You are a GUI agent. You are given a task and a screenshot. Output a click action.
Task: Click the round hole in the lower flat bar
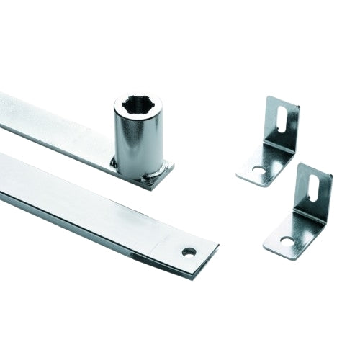pyautogui.click(x=189, y=251)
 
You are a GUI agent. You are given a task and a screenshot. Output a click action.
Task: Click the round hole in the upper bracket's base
pyautogui.click(x=258, y=171)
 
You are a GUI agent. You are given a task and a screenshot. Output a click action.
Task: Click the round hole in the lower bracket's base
pyautogui.click(x=286, y=240)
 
